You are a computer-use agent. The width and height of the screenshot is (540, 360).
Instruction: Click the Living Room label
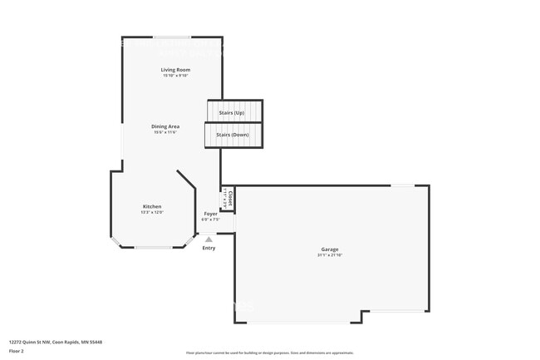coord(175,70)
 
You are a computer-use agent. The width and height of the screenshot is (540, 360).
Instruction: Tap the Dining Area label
coord(165,126)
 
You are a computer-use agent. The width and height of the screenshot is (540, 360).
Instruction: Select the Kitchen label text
coord(152,206)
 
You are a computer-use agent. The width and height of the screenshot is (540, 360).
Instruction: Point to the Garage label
coord(330,249)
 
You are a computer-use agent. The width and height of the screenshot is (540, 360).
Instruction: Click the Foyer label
coord(211,214)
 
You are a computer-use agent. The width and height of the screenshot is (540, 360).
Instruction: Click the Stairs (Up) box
coord(233,111)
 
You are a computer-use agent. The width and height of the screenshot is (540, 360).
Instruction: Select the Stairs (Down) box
coord(233,135)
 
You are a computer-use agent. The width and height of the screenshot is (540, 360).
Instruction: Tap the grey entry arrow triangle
coord(209,239)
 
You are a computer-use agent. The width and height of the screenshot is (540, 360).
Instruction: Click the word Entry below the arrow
coord(209,248)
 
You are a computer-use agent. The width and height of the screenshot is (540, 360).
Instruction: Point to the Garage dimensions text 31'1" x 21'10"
coord(330,255)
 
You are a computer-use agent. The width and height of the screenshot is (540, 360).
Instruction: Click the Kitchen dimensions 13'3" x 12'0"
coord(152,212)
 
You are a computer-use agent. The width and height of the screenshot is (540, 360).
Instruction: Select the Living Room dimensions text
coord(175,76)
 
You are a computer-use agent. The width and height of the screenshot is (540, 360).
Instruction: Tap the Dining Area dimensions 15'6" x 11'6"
coord(165,132)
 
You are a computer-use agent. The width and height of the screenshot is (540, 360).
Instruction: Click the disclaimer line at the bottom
coord(270,353)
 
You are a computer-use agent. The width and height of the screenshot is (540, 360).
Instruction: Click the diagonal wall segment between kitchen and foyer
coord(187,181)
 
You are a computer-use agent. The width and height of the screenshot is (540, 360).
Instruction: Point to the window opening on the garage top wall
coord(403,185)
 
